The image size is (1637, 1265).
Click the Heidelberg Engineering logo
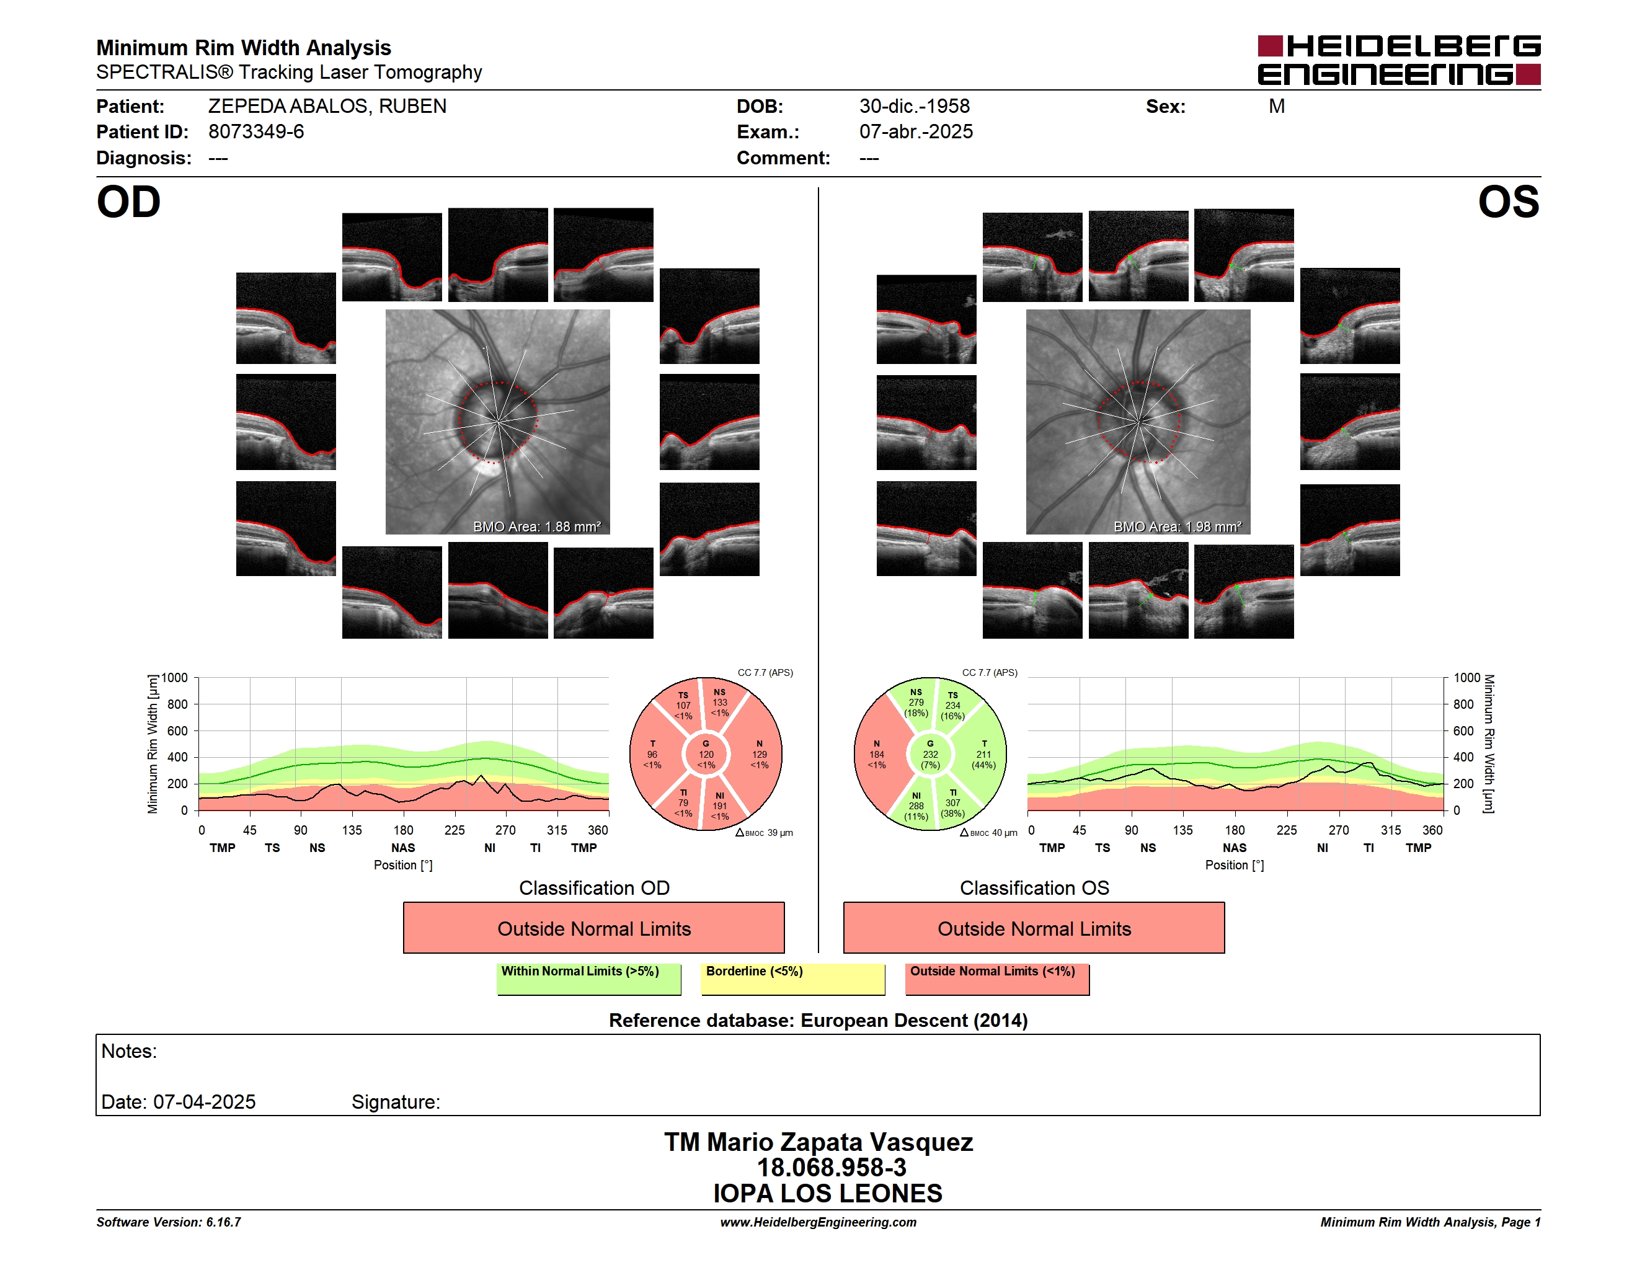point(1399,60)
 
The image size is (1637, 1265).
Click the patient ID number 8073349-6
point(256,132)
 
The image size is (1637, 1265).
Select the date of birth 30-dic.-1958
point(915,107)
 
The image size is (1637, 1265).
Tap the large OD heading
point(129,202)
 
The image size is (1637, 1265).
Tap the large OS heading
point(1508,202)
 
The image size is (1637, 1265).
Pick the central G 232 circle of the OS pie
point(930,755)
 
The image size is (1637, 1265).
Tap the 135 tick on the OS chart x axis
point(1182,830)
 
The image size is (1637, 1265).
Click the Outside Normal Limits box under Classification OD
point(593,928)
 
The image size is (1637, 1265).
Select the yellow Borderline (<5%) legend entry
point(793,979)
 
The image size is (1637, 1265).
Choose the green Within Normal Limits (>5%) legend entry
point(588,979)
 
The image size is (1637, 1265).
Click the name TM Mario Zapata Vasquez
point(818,1142)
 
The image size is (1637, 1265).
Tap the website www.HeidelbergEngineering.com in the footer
point(818,1222)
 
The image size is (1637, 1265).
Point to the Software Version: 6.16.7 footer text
point(169,1222)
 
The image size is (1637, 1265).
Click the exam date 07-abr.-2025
point(916,132)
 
